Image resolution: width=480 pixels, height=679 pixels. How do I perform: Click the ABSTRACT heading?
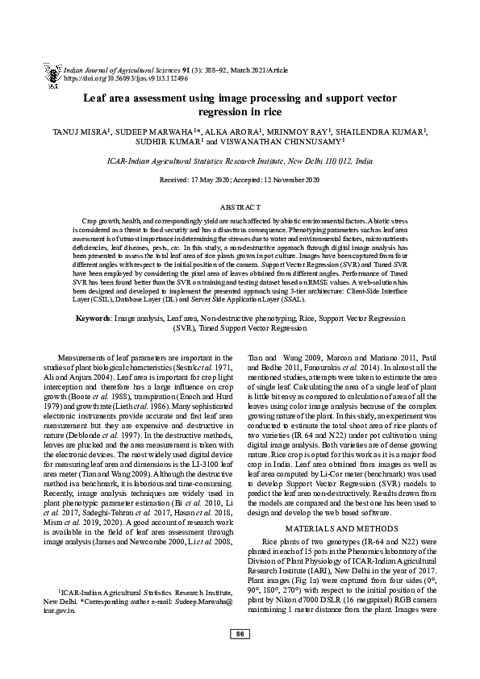[240, 207]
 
